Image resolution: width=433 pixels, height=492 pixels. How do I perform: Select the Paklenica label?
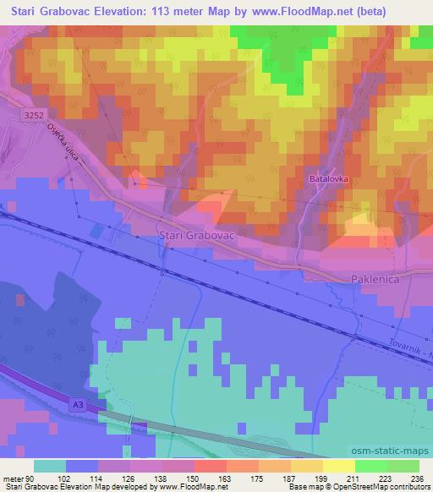pos(375,279)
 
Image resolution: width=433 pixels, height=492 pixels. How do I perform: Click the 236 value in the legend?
pos(419,478)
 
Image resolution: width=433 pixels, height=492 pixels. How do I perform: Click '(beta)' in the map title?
pos(405,10)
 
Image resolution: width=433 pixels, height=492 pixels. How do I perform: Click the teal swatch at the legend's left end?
pos(51,466)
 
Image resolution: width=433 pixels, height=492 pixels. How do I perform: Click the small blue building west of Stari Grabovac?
pos(99,231)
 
